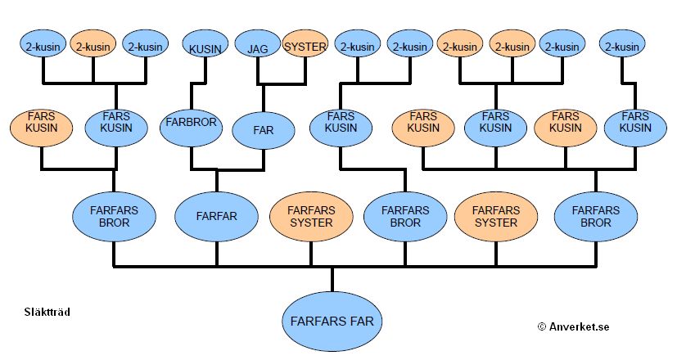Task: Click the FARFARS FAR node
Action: click(332, 321)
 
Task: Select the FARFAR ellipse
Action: click(216, 216)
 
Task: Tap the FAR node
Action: click(263, 129)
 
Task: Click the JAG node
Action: click(258, 47)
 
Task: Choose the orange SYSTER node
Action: click(305, 47)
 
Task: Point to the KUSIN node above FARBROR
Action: click(205, 47)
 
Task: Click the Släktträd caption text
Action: click(47, 311)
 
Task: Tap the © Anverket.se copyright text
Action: click(573, 326)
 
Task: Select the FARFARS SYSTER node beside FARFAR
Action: click(310, 216)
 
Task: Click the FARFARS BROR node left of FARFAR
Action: click(114, 216)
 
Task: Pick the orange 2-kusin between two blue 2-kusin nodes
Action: click(93, 47)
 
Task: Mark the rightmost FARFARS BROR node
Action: click(595, 216)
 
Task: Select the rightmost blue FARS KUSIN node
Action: click(634, 128)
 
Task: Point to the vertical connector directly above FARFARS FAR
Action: click(332, 278)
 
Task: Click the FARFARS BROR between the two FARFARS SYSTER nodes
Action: click(404, 216)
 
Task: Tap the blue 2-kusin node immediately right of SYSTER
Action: click(360, 47)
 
